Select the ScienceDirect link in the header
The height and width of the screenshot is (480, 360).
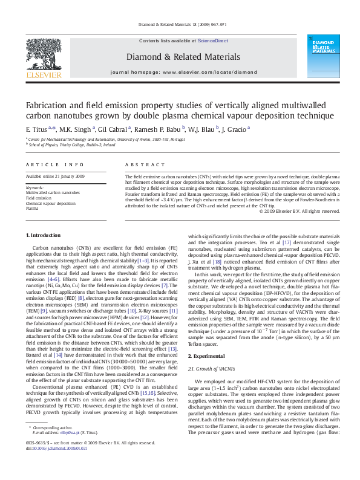click(x=212, y=40)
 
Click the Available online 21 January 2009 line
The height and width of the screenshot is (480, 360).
click(x=55, y=176)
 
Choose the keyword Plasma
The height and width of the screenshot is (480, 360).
click(x=32, y=208)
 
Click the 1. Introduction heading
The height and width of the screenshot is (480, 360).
click(x=44, y=235)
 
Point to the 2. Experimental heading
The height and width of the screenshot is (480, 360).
click(x=209, y=356)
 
